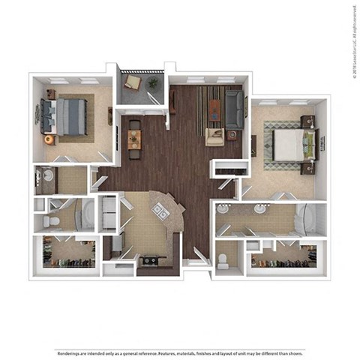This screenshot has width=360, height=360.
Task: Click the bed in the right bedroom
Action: click(288, 145)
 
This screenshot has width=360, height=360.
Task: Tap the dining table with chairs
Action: click(134, 139)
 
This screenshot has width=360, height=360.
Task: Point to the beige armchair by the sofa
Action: click(214, 136)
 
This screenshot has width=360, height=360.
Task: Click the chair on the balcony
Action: click(132, 82)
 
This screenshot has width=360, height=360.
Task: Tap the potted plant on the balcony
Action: click(153, 82)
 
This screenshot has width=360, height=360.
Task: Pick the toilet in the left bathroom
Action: click(51, 223)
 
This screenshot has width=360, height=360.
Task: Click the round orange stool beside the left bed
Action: click(49, 139)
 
